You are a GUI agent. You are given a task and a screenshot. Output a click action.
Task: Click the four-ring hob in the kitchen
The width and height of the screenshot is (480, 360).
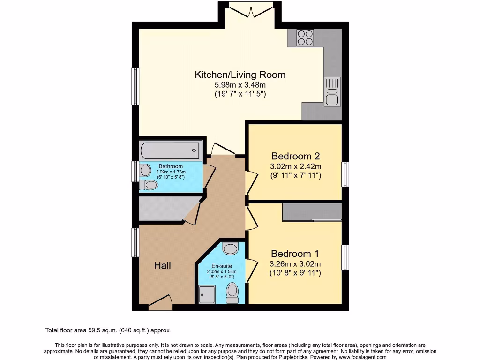[305, 37]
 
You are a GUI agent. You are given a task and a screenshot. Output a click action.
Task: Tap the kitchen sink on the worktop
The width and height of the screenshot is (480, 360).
[331, 91]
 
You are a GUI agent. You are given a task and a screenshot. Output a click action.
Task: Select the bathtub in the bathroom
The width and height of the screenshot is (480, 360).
[170, 151]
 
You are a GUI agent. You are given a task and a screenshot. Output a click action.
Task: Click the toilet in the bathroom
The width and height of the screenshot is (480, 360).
[150, 185]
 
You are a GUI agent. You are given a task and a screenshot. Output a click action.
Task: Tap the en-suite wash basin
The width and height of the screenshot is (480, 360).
[230, 248]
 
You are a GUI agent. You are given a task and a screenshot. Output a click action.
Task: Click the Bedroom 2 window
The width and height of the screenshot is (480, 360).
[345, 174]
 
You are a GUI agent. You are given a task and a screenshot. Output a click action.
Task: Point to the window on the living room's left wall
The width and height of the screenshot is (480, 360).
[135, 86]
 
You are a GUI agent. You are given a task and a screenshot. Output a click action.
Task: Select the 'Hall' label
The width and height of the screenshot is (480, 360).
[163, 265]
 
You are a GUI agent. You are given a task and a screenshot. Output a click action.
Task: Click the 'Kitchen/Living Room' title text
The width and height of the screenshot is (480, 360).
[240, 75]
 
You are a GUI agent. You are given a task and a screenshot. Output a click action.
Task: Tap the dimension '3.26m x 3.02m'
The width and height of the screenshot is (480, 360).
[295, 263]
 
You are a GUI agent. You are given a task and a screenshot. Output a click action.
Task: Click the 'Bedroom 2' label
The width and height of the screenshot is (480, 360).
[295, 156]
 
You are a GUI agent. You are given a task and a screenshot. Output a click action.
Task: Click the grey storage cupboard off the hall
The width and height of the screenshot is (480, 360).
[164, 209]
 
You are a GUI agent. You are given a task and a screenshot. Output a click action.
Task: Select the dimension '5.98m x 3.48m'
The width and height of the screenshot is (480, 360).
[240, 85]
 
